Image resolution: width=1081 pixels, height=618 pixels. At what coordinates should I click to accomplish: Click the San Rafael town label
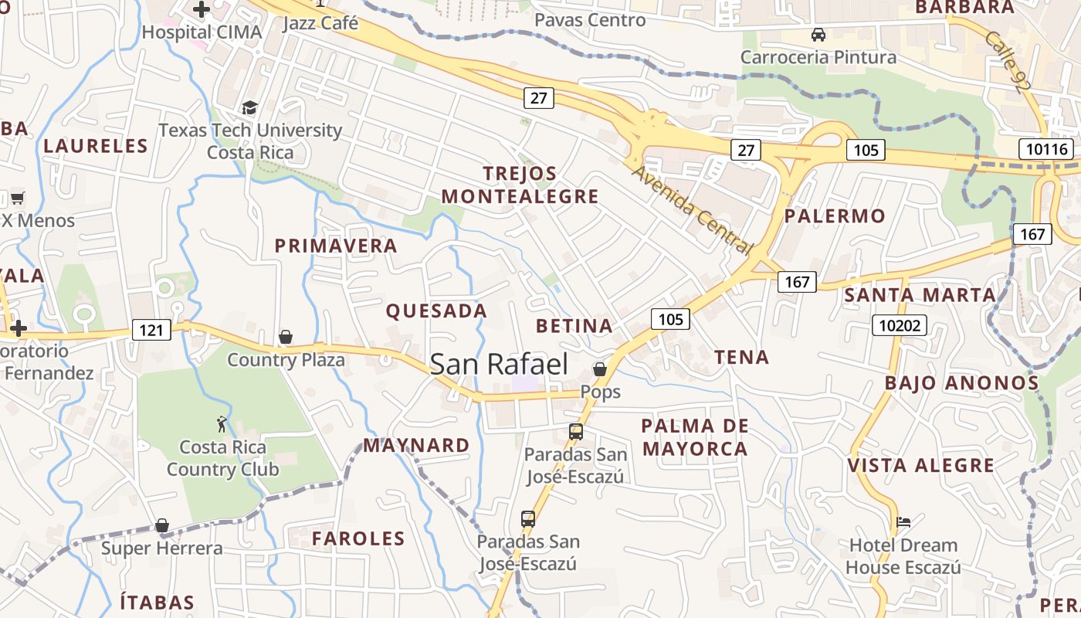pyautogui.click(x=499, y=365)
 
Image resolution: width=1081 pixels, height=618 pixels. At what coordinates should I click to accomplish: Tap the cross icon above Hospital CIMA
pyautogui.click(x=202, y=9)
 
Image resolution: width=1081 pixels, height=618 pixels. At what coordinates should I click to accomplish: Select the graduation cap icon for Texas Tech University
pyautogui.click(x=249, y=107)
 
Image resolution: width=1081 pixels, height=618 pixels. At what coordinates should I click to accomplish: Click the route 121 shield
pyautogui.click(x=151, y=331)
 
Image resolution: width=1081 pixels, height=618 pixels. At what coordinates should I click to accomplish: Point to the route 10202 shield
pyautogui.click(x=900, y=325)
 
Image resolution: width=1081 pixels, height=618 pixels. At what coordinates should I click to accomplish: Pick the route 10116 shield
pyautogui.click(x=1047, y=149)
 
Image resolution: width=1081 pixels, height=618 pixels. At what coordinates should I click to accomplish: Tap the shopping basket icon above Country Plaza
pyautogui.click(x=286, y=337)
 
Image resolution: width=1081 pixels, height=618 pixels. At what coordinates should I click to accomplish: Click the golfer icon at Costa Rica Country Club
pyautogui.click(x=222, y=424)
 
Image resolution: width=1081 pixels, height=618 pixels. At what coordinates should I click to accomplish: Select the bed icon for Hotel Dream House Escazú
pyautogui.click(x=903, y=522)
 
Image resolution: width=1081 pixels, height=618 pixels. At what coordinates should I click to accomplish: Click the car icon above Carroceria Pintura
pyautogui.click(x=818, y=35)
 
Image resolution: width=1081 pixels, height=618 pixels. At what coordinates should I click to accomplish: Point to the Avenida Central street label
pyautogui.click(x=692, y=209)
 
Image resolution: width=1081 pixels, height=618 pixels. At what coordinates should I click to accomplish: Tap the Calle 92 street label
pyautogui.click(x=1008, y=62)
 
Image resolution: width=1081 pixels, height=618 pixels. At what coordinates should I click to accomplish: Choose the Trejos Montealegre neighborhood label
pyautogui.click(x=520, y=185)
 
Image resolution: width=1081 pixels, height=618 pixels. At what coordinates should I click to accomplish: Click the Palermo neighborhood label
pyautogui.click(x=835, y=216)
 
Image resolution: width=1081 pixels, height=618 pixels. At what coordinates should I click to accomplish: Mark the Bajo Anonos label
pyautogui.click(x=961, y=383)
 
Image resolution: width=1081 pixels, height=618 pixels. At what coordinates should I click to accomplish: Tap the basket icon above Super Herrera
pyautogui.click(x=162, y=526)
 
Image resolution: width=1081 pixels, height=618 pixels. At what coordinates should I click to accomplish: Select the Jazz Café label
pyautogui.click(x=320, y=22)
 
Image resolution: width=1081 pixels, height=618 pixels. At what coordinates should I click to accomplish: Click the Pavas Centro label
pyautogui.click(x=590, y=20)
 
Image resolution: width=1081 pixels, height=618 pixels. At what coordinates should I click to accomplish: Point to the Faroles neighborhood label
pyautogui.click(x=358, y=538)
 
